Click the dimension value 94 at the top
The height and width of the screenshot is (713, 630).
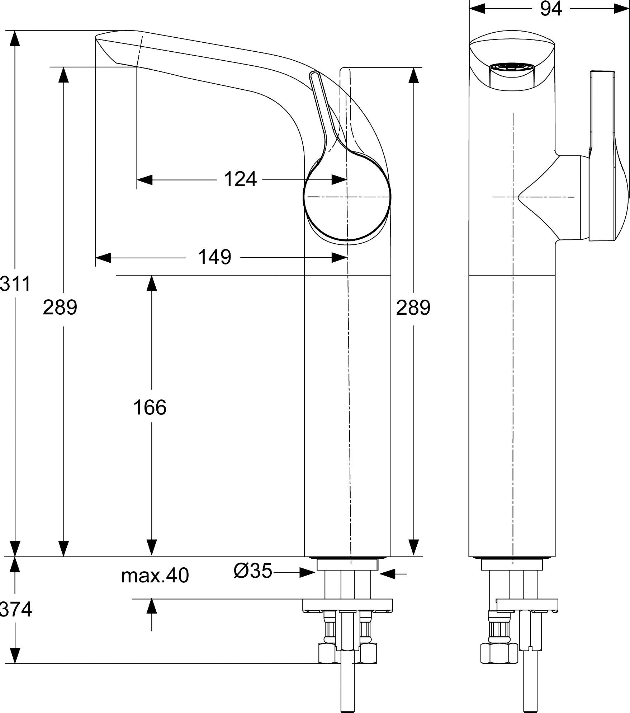(x=551, y=9)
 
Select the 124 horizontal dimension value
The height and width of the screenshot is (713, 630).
(x=240, y=179)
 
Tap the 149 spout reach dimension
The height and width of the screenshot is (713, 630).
(x=214, y=257)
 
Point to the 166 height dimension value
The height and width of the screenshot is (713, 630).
(x=150, y=407)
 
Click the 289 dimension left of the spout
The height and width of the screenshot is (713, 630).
(x=60, y=308)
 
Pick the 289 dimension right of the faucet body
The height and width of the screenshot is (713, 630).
(x=413, y=308)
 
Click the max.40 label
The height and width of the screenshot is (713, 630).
(x=155, y=576)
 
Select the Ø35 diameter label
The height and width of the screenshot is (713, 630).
(x=253, y=571)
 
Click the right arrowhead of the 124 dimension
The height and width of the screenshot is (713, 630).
(x=339, y=179)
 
